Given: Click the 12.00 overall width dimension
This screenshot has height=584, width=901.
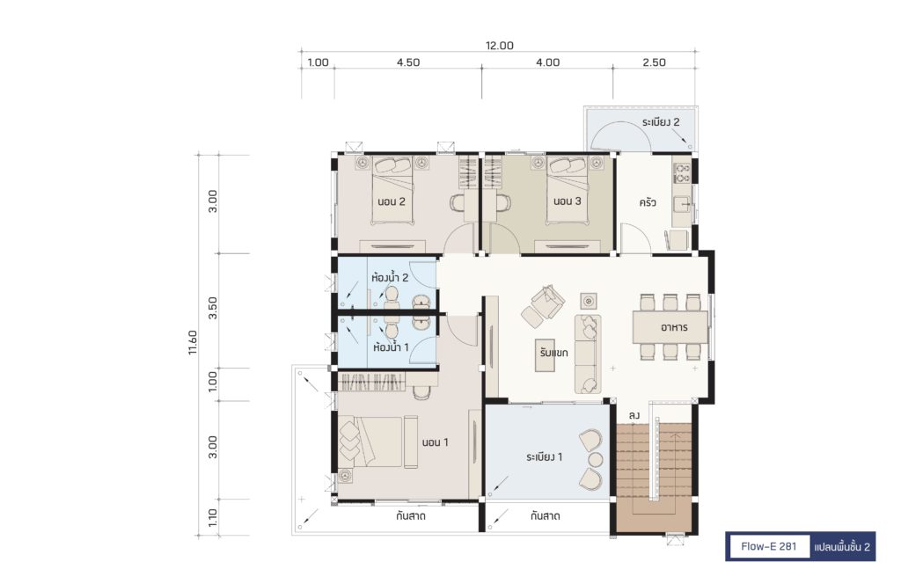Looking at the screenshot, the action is [500, 46].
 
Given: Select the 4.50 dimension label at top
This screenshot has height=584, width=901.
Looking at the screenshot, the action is [408, 62].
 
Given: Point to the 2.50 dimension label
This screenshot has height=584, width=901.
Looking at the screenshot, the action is [654, 62].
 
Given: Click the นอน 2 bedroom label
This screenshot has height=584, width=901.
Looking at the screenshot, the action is [392, 201].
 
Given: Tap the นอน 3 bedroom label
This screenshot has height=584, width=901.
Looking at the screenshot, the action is [568, 201].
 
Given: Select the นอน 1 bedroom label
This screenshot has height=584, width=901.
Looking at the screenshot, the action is [435, 442].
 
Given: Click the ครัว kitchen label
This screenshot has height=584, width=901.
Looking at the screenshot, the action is [648, 202].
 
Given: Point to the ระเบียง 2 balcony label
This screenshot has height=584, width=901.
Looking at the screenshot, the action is [661, 121].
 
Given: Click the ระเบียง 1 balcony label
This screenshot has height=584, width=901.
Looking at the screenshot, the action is [544, 457].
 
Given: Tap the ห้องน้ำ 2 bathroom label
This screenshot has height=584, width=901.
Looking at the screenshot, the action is [390, 277].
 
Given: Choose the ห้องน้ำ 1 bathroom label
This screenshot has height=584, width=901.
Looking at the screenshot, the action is [391, 347].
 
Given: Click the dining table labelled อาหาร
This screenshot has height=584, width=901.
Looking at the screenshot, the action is [670, 327].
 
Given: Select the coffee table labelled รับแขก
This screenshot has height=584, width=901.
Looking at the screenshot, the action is [553, 354].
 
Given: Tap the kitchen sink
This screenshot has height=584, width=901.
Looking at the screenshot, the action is [682, 204].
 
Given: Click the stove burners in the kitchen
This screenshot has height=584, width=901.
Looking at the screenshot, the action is [682, 173].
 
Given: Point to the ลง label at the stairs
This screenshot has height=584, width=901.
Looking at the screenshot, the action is [634, 414].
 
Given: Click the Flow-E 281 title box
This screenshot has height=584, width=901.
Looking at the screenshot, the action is [768, 546].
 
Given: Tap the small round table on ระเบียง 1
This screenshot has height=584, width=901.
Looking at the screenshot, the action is [596, 459].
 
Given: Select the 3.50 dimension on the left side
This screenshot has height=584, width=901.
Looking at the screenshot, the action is [213, 308].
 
